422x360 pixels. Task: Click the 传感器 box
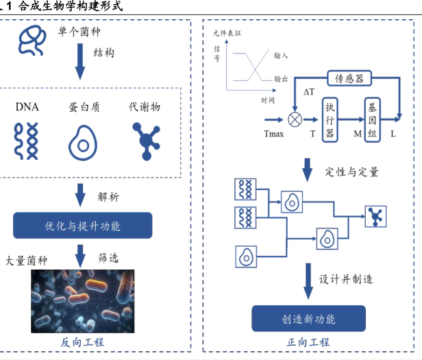point(349,78)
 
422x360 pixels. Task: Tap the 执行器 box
point(330,120)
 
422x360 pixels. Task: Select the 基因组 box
point(373,120)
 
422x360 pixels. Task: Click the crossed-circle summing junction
point(295,119)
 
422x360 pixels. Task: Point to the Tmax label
point(274,134)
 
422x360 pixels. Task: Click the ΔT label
point(309,92)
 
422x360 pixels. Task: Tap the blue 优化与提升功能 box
point(83,226)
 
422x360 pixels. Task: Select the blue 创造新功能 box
point(309,318)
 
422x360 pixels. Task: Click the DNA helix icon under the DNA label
point(26,141)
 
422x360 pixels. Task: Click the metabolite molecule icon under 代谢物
point(146,141)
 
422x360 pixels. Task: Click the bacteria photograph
point(83,301)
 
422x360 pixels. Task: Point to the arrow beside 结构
point(80,62)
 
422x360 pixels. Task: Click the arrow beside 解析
point(80,195)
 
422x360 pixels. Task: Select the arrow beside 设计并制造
point(308,281)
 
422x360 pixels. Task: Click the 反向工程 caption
point(82,342)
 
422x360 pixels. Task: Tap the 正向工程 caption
point(308,342)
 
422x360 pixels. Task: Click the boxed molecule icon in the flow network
point(375,217)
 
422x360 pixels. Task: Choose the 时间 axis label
point(268,101)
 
